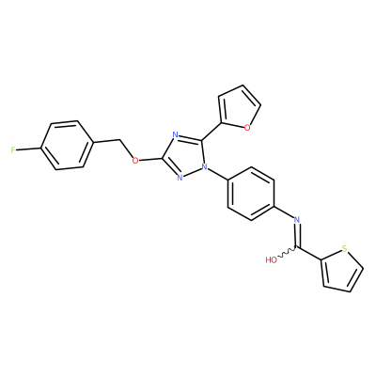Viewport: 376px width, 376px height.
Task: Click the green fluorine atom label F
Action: (13, 150)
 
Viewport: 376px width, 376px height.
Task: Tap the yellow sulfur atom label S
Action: (345, 249)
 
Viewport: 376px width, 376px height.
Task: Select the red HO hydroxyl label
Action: (272, 259)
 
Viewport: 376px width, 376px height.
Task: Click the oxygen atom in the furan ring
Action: (247, 128)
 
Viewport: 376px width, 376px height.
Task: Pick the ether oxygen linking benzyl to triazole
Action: (135, 161)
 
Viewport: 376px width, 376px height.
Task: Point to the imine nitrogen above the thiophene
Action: (297, 219)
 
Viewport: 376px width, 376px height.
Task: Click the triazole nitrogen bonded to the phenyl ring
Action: (205, 167)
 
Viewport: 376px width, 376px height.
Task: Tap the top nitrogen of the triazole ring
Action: (176, 135)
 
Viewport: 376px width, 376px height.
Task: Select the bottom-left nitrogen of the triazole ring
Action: (180, 178)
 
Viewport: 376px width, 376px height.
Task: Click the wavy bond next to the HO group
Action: (287, 253)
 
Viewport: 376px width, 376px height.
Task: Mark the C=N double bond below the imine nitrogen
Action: (297, 236)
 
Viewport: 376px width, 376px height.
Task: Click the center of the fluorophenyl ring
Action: (67, 145)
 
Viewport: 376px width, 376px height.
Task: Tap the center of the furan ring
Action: (240, 108)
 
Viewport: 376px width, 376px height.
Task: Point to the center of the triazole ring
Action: (184, 155)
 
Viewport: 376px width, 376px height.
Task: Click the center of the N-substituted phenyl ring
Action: (251, 194)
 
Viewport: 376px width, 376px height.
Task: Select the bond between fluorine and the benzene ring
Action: (28, 149)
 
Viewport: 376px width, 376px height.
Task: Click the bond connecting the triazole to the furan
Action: (211, 132)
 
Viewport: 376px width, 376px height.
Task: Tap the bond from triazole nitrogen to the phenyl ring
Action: (218, 174)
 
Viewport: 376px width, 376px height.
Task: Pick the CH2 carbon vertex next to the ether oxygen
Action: (120, 139)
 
